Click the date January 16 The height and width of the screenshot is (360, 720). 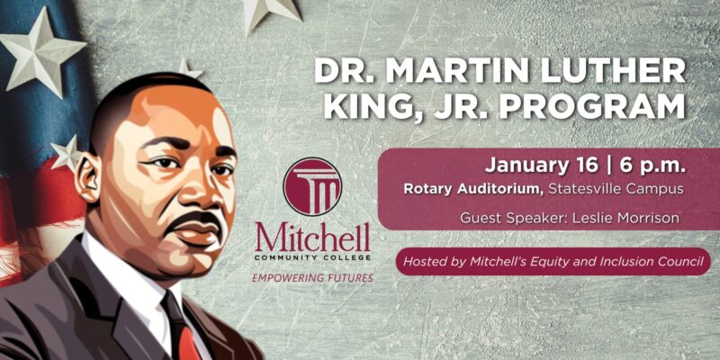(541, 166)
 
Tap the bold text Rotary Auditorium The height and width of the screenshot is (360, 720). (474, 189)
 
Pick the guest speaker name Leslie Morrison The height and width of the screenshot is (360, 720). (625, 218)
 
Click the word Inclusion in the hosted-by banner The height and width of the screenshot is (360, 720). (643, 262)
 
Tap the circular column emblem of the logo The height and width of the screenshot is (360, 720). (312, 186)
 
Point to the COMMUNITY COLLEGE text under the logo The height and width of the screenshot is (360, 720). (312, 258)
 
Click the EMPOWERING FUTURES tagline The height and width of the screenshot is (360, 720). (312, 278)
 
